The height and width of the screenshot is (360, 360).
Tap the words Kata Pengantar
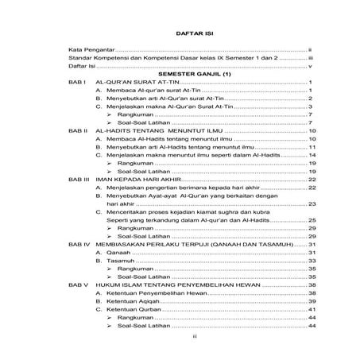pyautogui.click(x=91, y=49)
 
